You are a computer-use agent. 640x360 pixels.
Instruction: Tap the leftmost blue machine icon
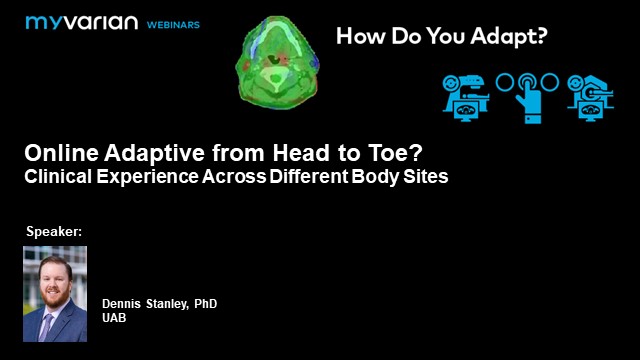click(465, 97)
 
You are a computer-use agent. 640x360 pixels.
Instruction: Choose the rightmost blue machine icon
click(590, 97)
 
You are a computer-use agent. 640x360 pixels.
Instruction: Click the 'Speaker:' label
click(53, 232)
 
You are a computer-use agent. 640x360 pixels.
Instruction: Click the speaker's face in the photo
click(54, 278)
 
